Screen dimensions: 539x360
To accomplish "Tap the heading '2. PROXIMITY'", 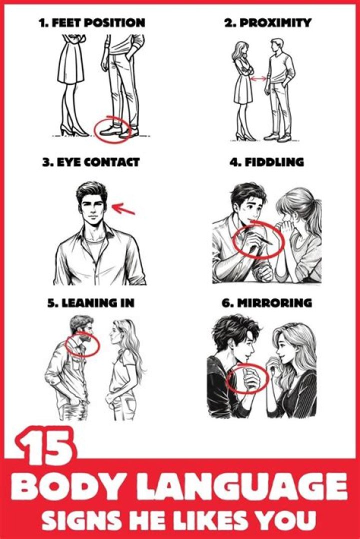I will click(267, 22).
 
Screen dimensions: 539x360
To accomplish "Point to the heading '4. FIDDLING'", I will click(266, 162).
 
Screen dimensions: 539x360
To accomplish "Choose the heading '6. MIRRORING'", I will click(267, 303).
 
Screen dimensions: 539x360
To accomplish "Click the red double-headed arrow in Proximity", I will click(258, 79).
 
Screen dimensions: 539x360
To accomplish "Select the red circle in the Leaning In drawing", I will click(82, 344).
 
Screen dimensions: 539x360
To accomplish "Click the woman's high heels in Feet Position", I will click(70, 131).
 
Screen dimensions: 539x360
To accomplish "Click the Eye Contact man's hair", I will click(91, 191).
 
